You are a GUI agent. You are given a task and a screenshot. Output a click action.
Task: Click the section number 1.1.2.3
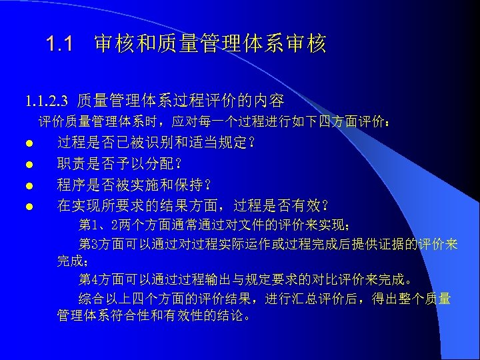point(47,101)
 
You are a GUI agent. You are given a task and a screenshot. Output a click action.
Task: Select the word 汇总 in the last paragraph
point(317,298)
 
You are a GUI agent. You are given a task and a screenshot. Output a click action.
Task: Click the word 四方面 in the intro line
point(331,122)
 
